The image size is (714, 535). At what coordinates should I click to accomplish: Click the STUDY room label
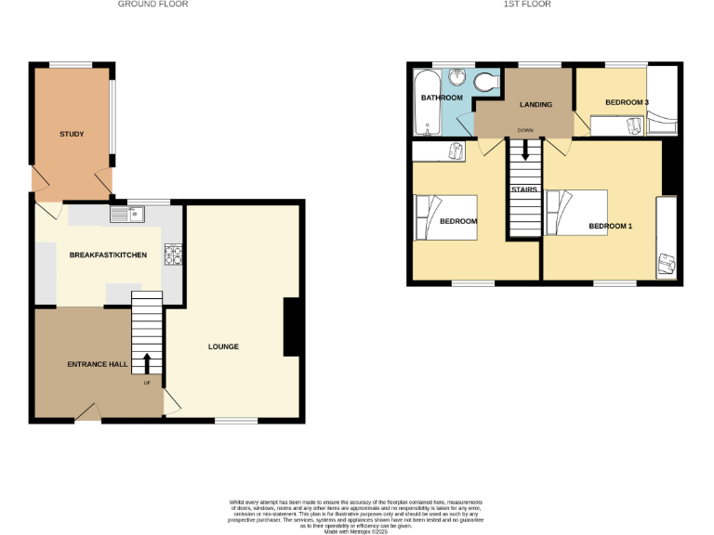tap(72, 135)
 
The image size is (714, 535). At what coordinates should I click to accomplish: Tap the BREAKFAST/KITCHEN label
tap(108, 254)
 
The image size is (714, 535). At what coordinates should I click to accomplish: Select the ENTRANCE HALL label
tap(98, 364)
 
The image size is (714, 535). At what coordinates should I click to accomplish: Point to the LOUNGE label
tap(223, 347)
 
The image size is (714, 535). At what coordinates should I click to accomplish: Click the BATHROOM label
tap(442, 98)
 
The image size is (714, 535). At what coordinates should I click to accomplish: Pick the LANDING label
tap(535, 104)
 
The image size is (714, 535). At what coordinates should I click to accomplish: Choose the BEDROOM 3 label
tap(627, 102)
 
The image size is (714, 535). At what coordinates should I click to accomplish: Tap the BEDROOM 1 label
tap(610, 226)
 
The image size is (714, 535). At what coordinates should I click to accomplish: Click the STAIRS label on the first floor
tap(523, 189)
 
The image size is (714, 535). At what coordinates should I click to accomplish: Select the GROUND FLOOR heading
tap(152, 5)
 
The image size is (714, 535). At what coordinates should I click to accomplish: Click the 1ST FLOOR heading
tap(527, 5)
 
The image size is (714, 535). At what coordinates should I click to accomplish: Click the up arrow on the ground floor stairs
tap(147, 361)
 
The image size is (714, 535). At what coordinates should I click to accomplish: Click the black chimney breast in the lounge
tap(291, 327)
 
